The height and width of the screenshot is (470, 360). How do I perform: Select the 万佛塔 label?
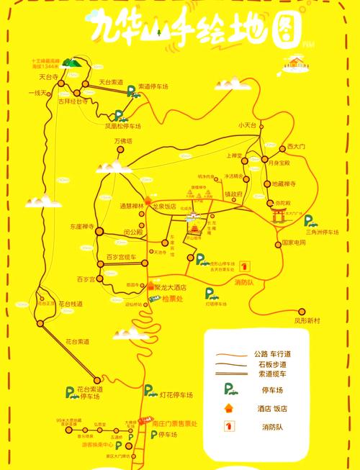tap(124, 141)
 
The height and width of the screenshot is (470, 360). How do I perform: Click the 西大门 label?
tap(297, 147)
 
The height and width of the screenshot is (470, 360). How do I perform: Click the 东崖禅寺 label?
tap(82, 226)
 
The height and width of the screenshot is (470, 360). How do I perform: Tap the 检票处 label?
tap(174, 298)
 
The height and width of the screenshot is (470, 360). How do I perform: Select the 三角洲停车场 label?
tap(321, 232)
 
